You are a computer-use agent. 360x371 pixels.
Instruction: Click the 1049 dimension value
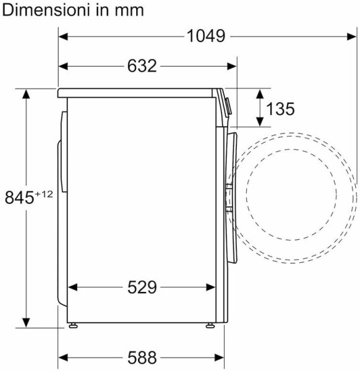[x=206, y=36]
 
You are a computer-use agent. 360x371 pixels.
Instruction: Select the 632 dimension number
[x=142, y=66]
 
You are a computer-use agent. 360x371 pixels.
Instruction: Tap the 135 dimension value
[x=280, y=109]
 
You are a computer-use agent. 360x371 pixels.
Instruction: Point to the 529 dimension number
[x=142, y=288]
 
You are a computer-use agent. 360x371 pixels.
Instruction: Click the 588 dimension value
[x=142, y=357]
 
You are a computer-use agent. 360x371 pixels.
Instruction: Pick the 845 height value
[x=19, y=198]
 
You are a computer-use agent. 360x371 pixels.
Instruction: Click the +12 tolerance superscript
[x=44, y=194]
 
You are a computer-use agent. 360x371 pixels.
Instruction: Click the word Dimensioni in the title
[x=47, y=10]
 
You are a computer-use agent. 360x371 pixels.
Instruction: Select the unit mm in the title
[x=129, y=11]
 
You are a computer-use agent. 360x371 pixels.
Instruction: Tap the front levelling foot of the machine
[x=210, y=326]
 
